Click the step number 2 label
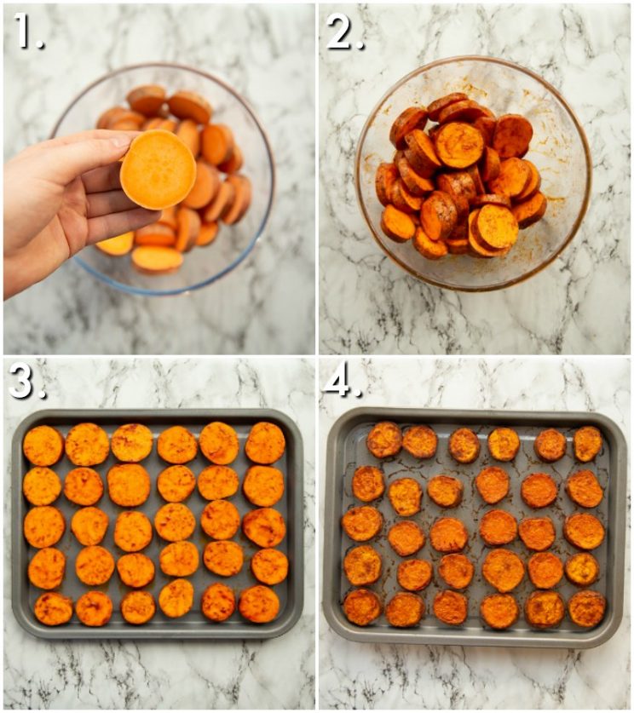coord(344,32)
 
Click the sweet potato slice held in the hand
coord(158,170)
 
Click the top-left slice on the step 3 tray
coord(43,446)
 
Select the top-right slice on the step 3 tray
coord(265,443)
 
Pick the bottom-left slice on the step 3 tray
coord(53,608)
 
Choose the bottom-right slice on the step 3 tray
coord(259,604)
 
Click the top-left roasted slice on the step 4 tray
coord(384,440)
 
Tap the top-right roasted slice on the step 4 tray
coord(587,444)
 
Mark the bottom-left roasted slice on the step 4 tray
coord(362,607)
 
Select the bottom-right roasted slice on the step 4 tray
coord(586,608)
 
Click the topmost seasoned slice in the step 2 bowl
coord(448,106)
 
